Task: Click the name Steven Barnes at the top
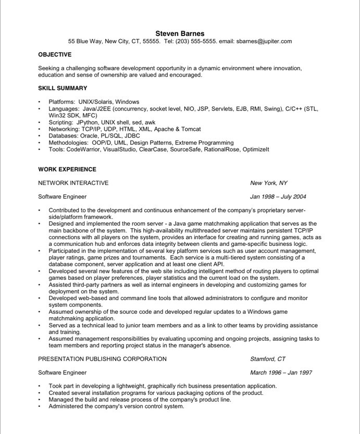point(180,33)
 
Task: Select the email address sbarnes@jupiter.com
point(264,41)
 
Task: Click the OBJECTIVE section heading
point(55,54)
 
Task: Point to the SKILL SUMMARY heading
point(63,88)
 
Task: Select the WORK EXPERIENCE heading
point(67,169)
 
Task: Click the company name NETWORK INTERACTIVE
point(73,183)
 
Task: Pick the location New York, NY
point(268,183)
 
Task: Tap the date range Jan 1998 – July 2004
point(278,197)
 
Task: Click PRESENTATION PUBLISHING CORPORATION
point(103,359)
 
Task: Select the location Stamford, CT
point(268,359)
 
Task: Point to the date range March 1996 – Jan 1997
point(281,373)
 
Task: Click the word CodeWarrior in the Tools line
point(84,150)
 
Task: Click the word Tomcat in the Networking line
point(191,129)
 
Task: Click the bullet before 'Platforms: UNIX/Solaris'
point(40,102)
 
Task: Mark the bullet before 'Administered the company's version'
point(40,407)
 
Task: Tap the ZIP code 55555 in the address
point(151,41)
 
